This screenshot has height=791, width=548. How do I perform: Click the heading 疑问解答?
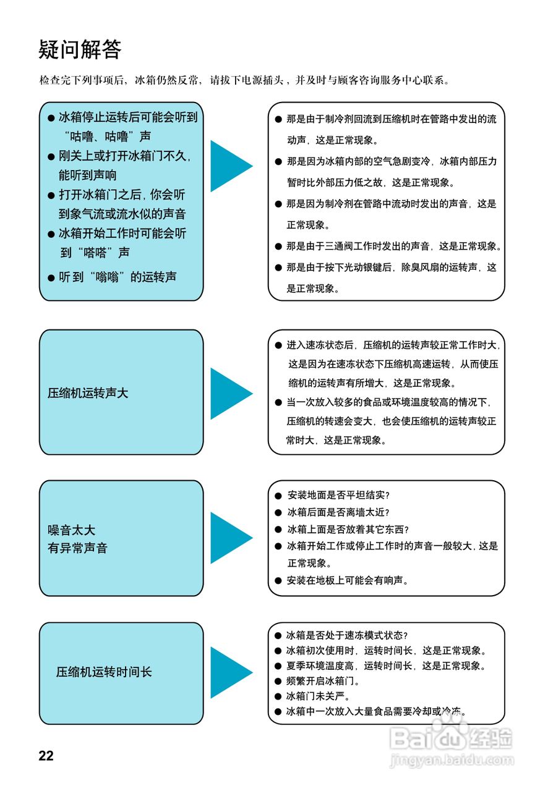pos(80,49)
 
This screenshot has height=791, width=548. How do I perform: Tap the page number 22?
pos(46,756)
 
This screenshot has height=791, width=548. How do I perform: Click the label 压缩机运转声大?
pos(88,393)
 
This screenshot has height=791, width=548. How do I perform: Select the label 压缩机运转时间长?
pos(104,672)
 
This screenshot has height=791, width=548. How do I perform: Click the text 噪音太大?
pos(72,530)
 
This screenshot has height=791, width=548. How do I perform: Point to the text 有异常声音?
pos(77,548)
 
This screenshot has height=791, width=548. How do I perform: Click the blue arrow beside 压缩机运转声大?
pos(231,393)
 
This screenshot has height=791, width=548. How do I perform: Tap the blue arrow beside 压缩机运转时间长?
pos(231,672)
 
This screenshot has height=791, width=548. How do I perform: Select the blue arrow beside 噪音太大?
pos(231,538)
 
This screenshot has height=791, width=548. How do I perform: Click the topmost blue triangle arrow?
pos(231,166)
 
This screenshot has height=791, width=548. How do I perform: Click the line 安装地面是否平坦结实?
pos(338,496)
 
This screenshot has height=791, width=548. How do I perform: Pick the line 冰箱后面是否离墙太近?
pos(338,512)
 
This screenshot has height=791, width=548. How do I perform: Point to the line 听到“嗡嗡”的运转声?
pos(118,277)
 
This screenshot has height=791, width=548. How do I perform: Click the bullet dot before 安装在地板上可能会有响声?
pos(278,581)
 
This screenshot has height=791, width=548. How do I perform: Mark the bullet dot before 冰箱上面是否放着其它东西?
pos(278,530)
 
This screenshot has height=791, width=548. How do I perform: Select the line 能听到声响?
pos(88,175)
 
